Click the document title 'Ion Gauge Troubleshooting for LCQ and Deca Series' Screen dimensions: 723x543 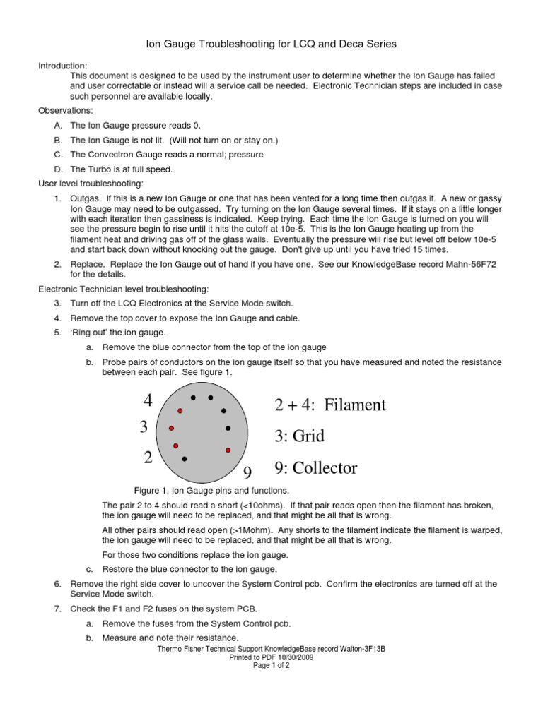[x=271, y=44]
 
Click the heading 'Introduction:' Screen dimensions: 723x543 [x=62, y=66]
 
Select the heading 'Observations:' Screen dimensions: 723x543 [x=65, y=111]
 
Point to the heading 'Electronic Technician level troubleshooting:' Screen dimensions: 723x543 [x=122, y=289]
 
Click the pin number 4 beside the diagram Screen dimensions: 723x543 [x=148, y=401]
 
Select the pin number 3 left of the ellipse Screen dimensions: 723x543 [x=144, y=427]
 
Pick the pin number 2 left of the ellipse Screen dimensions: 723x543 [x=148, y=458]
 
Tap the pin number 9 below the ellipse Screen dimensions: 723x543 [x=247, y=472]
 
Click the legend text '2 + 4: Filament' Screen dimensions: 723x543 [x=329, y=405]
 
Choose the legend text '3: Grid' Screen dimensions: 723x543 [x=300, y=436]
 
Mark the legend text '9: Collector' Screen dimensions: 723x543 [x=315, y=468]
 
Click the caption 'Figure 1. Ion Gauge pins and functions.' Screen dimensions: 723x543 [x=211, y=491]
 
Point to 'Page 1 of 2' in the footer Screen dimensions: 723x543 [x=271, y=665]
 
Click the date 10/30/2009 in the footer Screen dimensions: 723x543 [x=295, y=657]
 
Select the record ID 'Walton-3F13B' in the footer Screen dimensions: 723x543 [x=361, y=648]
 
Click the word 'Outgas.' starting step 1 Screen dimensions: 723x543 [x=85, y=200]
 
